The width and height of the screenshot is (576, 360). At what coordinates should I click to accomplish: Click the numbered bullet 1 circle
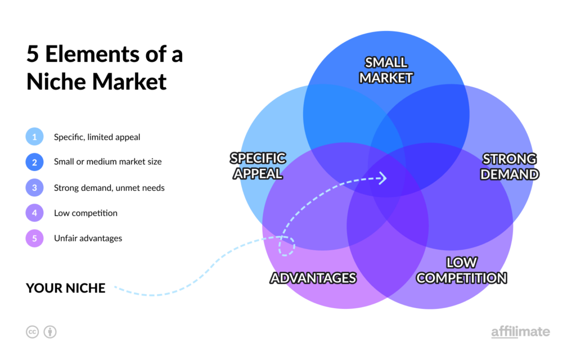tap(34, 137)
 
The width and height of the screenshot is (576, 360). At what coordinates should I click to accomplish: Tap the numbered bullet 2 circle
tap(34, 162)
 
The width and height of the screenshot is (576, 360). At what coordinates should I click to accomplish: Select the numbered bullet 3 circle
tap(34, 188)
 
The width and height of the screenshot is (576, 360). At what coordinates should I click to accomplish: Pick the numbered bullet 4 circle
tap(34, 213)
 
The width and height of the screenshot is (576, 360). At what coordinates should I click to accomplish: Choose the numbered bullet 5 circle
tap(34, 238)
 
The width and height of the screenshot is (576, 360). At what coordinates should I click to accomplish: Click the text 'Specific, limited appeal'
tap(97, 137)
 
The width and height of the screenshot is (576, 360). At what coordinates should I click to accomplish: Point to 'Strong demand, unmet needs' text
tap(109, 188)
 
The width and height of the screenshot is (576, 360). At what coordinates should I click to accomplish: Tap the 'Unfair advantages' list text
tap(88, 238)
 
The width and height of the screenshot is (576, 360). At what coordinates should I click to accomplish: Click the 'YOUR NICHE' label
tap(66, 289)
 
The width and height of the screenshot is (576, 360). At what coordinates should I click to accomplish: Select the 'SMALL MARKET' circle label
tap(386, 70)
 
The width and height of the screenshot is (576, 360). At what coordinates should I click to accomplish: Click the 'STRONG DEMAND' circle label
tap(510, 166)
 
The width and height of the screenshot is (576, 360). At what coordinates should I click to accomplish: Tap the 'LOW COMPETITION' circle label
tap(461, 271)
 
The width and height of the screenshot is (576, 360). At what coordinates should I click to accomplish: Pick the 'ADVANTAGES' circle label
tap(313, 278)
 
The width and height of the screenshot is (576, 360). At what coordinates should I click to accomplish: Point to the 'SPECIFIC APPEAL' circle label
tap(258, 166)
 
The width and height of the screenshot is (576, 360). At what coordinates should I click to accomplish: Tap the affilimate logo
tap(520, 332)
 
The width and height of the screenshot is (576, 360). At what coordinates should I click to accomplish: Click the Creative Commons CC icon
tap(32, 332)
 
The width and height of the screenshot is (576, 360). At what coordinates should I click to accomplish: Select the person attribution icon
tap(50, 332)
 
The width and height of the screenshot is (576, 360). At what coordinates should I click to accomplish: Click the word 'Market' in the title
tap(129, 82)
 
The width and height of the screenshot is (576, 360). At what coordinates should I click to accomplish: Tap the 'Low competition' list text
tap(85, 213)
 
